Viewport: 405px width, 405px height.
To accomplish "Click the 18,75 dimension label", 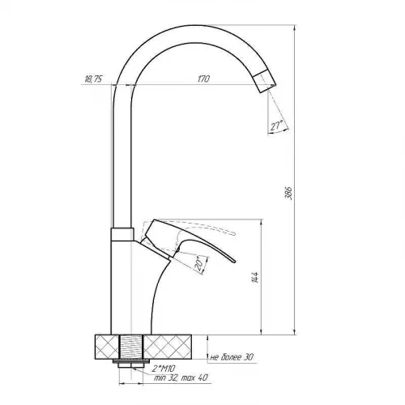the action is coord(93,79).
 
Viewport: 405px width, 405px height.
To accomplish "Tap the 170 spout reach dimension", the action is coord(203,79).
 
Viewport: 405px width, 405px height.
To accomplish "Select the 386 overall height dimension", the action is coord(288,193).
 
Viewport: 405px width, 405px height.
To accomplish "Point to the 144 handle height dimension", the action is coord(255,277).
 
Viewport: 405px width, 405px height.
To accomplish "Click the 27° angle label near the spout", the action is coord(276,126).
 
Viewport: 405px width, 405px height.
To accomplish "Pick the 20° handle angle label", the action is coord(199,265).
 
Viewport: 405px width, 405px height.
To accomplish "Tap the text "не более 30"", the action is coord(232,357).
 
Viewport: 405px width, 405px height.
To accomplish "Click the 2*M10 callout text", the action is coord(164,368).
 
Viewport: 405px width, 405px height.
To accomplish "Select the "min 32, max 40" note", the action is coord(181,377).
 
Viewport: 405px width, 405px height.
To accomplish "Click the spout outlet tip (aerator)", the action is coord(265,81).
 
